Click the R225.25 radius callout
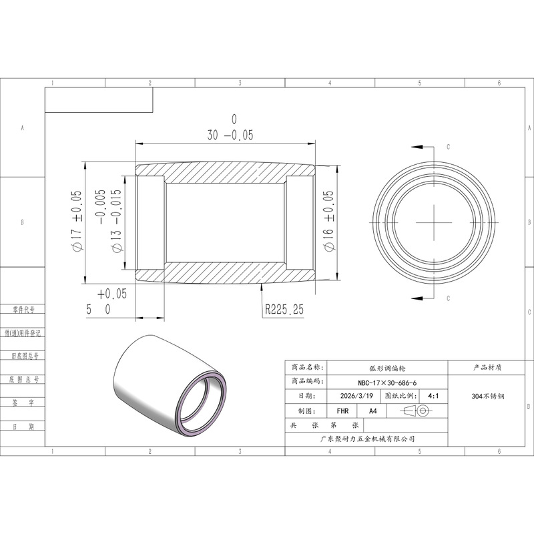[x=284, y=309]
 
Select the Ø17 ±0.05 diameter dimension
[x=77, y=221]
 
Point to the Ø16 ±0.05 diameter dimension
[x=329, y=221]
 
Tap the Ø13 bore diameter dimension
[x=110, y=221]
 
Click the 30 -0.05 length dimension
[x=230, y=128]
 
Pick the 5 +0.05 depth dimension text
[x=106, y=302]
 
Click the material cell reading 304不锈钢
[x=488, y=396]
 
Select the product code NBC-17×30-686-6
[x=387, y=382]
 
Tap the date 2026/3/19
[x=356, y=396]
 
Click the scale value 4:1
[x=433, y=396]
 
